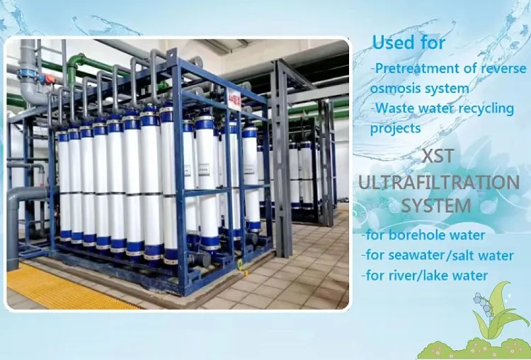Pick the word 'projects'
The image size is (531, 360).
[x=396, y=128]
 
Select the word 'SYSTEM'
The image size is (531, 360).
[x=436, y=206]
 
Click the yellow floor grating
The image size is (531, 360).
[x=64, y=286]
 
